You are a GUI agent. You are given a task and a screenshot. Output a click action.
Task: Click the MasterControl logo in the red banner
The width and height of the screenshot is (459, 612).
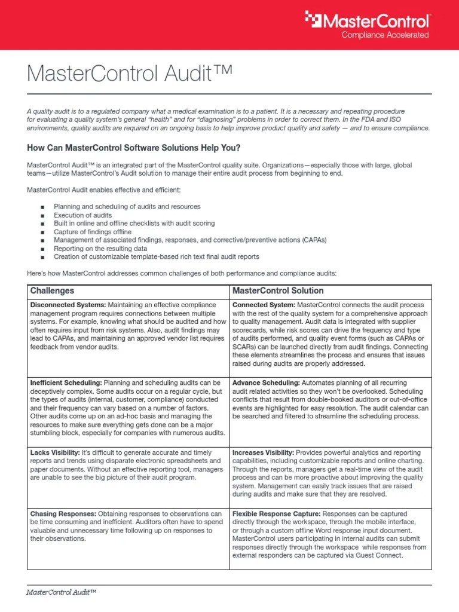tap(368, 22)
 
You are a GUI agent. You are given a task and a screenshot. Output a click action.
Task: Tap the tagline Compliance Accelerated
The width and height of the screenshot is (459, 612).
tap(385, 35)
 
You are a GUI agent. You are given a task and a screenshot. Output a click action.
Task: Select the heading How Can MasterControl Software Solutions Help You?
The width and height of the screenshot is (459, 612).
tap(133, 148)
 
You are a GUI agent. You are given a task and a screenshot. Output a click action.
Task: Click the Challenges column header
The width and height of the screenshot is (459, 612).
tap(52, 291)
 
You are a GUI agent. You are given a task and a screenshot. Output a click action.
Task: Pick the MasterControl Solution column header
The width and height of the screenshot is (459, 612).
tap(278, 291)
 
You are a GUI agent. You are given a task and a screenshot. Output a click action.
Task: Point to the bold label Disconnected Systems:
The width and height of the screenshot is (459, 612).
tap(68, 305)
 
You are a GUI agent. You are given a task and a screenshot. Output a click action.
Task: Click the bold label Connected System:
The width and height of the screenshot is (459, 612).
tap(263, 305)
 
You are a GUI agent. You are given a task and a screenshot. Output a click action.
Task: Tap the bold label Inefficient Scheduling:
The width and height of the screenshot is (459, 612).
tap(66, 382)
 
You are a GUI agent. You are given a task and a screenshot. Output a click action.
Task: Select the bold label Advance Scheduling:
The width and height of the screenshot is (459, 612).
tap(266, 382)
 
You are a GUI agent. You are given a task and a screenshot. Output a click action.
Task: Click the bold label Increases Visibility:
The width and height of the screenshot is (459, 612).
tap(263, 453)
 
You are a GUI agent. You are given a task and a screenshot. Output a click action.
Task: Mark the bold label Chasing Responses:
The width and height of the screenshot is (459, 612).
tap(63, 514)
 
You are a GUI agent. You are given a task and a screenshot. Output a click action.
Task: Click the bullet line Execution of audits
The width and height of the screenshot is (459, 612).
tap(82, 215)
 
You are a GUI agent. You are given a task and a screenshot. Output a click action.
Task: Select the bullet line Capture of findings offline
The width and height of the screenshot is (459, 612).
tap(93, 232)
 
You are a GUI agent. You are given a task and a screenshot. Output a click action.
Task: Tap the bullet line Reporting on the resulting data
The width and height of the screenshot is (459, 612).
tap(100, 249)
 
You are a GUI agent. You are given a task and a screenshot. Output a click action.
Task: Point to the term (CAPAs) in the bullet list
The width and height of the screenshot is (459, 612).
tap(310, 240)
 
